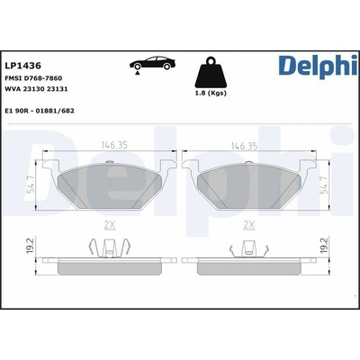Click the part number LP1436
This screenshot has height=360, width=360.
23,66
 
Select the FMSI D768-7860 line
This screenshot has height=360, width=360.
33,78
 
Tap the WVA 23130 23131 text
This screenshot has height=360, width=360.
36,89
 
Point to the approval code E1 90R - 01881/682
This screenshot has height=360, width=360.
40,111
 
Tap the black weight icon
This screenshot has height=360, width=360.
211,72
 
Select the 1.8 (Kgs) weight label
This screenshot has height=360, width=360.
211,93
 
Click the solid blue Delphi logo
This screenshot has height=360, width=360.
318,66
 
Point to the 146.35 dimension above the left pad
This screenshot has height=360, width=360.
114,145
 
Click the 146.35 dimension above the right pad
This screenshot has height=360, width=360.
244,146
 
